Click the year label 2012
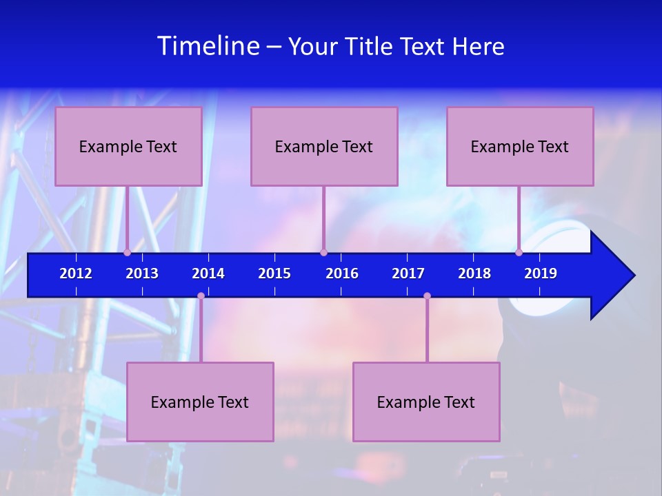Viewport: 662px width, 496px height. (76, 273)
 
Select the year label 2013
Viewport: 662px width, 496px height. (142, 273)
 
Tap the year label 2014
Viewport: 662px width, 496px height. (208, 273)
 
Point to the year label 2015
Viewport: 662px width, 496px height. (274, 273)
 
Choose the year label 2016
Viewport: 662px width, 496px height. (342, 273)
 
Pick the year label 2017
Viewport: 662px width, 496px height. (408, 273)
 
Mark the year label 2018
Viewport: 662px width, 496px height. (474, 273)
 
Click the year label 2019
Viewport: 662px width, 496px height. (541, 273)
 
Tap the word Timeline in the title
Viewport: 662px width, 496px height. (208, 46)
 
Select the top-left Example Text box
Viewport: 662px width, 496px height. (128, 146)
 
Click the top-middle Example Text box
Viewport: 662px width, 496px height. (324, 146)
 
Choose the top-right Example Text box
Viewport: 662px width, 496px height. (520, 146)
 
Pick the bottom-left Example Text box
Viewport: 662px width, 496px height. (200, 402)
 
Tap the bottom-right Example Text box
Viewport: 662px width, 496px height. (426, 402)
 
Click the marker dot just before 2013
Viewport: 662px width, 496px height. (128, 252)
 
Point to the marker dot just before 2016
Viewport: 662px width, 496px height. (324, 252)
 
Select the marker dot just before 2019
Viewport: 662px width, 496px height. (519, 252)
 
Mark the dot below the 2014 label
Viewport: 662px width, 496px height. (201, 296)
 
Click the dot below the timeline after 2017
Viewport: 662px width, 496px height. (427, 296)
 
